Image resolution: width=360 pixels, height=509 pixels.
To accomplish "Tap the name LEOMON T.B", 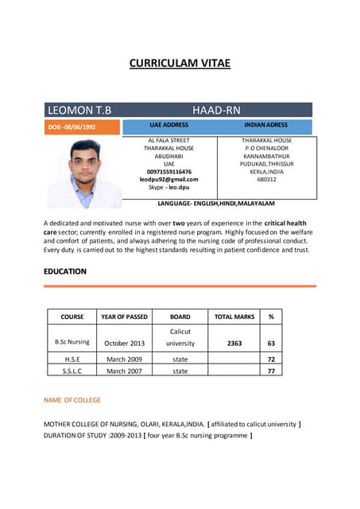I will pyautogui.click(x=80, y=110).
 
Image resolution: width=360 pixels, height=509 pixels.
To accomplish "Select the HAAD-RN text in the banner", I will pyautogui.click(x=216, y=110).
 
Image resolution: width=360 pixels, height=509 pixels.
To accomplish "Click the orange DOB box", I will pyautogui.click(x=82, y=126).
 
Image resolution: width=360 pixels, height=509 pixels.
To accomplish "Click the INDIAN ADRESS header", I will pyautogui.click(x=266, y=126).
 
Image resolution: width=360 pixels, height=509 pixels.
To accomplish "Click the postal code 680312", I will pyautogui.click(x=266, y=179).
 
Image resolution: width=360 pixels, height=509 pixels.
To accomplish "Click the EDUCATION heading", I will pyautogui.click(x=65, y=271).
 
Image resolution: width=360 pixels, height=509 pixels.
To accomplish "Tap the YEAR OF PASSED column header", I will pyautogui.click(x=125, y=317).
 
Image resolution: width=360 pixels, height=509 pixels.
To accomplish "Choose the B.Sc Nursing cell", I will pyautogui.click(x=72, y=343).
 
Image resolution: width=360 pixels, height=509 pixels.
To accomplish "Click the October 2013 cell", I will pyautogui.click(x=125, y=343).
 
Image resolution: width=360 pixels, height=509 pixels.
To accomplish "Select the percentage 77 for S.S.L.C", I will pyautogui.click(x=271, y=371).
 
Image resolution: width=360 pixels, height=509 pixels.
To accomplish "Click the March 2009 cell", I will pyautogui.click(x=125, y=359).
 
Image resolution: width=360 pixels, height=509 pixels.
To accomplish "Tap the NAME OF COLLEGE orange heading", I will pyautogui.click(x=72, y=399).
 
